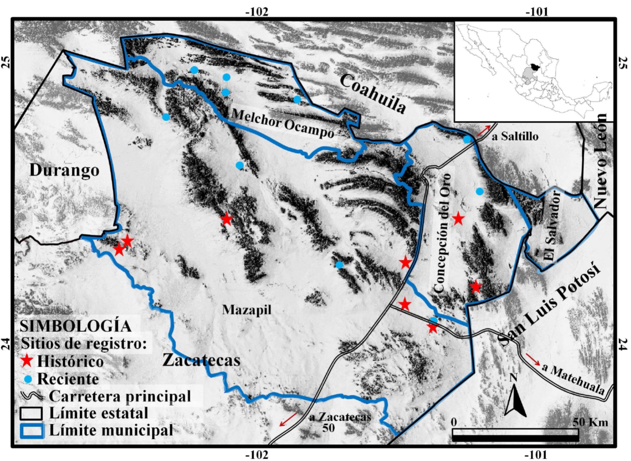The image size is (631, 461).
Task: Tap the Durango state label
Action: pos(64,170)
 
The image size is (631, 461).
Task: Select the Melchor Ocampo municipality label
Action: pos(282,123)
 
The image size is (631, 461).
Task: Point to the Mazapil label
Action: pos(247,310)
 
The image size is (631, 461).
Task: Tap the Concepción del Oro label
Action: pos(443,233)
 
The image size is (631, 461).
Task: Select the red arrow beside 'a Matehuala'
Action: pos(533,359)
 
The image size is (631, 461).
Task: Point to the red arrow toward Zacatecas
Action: pos(288,420)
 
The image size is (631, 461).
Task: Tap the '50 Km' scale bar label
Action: pos(590,422)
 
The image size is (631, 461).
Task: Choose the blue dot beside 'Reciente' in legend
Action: pos(27,379)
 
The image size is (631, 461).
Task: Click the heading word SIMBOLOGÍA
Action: pos(75,326)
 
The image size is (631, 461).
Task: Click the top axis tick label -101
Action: pos(537,12)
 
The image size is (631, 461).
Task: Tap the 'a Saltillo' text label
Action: pos(515,136)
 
